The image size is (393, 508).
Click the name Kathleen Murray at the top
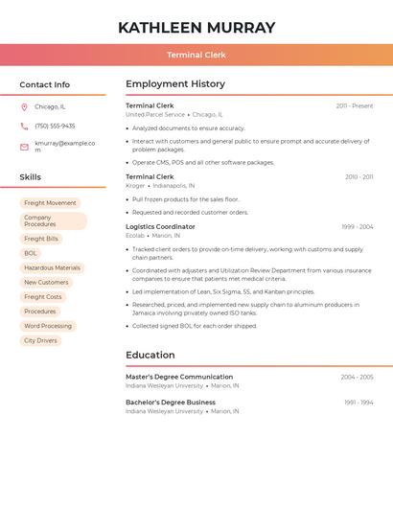(196, 28)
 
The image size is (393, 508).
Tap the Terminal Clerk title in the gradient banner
(196, 55)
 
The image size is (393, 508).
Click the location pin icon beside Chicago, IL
(24, 106)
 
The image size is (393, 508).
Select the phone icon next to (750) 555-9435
(24, 126)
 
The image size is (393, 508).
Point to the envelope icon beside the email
(24, 147)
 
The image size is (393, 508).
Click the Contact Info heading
(44, 84)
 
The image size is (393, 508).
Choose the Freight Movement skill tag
(50, 203)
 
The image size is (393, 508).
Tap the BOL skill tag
(31, 253)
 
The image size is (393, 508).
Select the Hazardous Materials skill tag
(52, 267)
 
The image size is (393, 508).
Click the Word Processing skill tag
(48, 326)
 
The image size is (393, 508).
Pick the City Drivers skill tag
(40, 340)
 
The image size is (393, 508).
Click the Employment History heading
(175, 83)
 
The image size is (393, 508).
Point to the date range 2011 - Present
(354, 105)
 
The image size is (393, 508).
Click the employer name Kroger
(135, 185)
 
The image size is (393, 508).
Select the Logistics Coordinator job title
(160, 226)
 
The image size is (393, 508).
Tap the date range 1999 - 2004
(357, 226)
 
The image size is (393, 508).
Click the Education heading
(150, 355)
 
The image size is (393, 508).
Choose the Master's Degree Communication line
(179, 377)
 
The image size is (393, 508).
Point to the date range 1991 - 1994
(358, 403)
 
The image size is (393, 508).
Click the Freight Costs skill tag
(42, 297)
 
